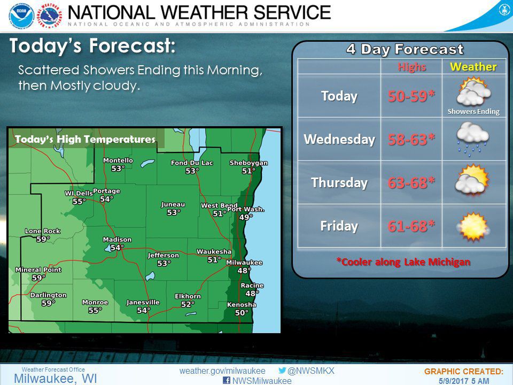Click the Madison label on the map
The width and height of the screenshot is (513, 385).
[113, 240]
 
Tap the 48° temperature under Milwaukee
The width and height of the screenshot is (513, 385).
[244, 271]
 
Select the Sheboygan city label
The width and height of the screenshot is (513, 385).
[248, 163]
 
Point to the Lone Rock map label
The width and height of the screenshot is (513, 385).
[43, 231]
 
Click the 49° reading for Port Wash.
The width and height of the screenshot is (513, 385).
[246, 217]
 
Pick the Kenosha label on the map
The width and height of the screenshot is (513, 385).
[242, 305]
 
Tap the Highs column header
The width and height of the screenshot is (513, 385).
[411, 67]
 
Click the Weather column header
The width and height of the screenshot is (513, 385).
[473, 67]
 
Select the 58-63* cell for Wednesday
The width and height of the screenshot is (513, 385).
[411, 139]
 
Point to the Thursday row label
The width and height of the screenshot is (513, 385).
[339, 182]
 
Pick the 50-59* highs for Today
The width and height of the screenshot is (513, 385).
[411, 96]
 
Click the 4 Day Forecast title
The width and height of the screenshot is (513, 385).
[405, 50]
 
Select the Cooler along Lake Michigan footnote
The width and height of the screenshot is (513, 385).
[403, 262]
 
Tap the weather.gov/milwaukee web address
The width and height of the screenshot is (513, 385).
[222, 371]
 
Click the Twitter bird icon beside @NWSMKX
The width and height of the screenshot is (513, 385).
[282, 371]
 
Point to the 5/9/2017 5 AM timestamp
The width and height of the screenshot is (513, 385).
[463, 381]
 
